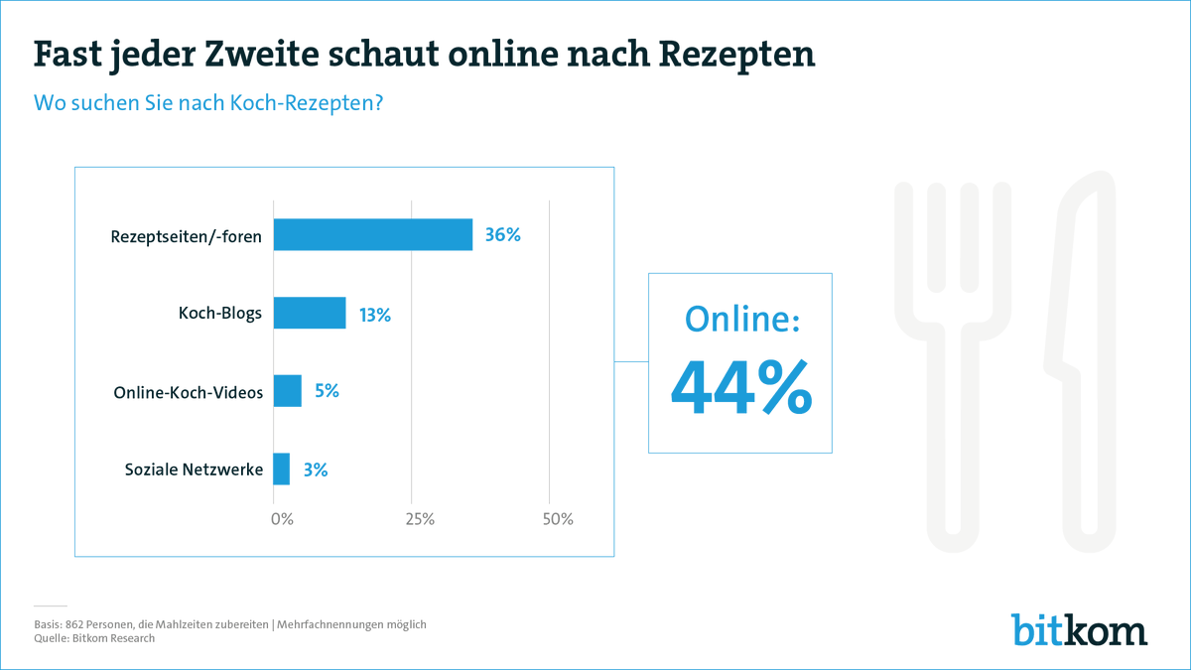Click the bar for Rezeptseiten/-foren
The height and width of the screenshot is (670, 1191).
tap(372, 234)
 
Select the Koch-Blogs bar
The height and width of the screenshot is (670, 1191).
tap(310, 313)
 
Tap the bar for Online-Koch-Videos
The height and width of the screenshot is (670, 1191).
tap(287, 391)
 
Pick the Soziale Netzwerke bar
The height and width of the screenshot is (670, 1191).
tap(282, 469)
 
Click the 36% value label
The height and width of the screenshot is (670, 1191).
tap(502, 235)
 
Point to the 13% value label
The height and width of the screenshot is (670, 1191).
tap(375, 315)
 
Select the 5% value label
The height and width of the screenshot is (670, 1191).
tap(327, 391)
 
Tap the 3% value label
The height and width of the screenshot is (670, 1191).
tap(315, 469)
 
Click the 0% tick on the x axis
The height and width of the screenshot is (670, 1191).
tap(282, 519)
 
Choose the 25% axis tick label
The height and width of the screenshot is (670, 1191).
tap(419, 519)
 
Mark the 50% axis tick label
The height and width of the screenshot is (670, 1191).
tap(557, 519)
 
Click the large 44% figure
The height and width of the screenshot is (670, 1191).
tap(740, 389)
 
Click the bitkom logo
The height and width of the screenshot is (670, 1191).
tap(1079, 629)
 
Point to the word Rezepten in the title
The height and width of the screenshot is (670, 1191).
tap(731, 55)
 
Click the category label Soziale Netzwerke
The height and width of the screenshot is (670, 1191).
tap(195, 469)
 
